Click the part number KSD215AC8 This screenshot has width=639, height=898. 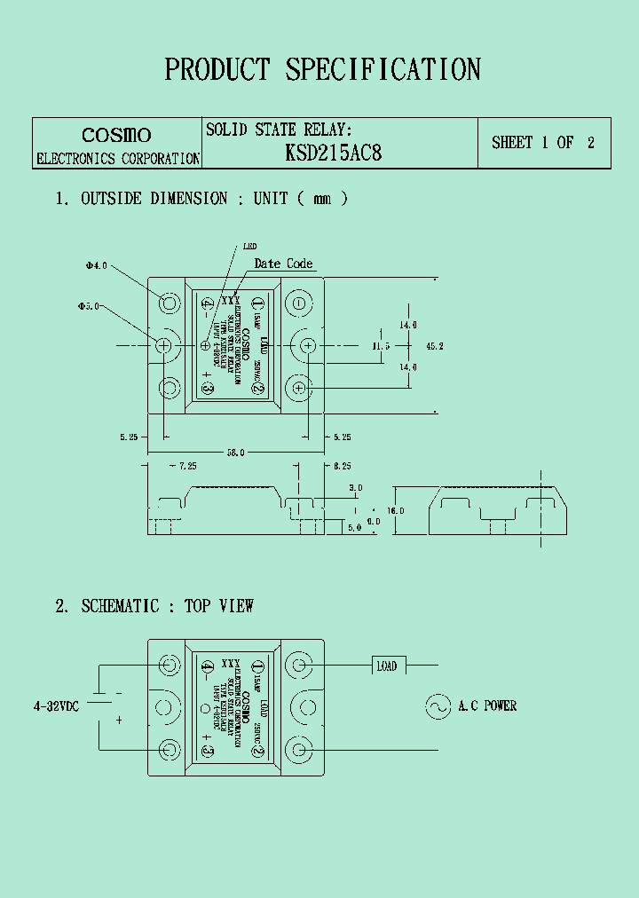click(333, 153)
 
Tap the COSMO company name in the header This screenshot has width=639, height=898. click(116, 135)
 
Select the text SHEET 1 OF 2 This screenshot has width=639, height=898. click(543, 143)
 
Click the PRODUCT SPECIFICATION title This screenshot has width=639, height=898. click(322, 69)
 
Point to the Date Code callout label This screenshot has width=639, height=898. click(283, 264)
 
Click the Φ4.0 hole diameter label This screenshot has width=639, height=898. click(96, 265)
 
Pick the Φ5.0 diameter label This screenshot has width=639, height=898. click(89, 306)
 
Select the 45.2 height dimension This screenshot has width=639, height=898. click(435, 345)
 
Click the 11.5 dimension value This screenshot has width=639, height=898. click(381, 345)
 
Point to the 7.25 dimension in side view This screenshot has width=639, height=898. click(185, 465)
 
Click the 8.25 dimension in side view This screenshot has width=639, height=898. click(343, 465)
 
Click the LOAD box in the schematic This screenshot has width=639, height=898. click(386, 666)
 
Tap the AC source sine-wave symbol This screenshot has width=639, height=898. click(438, 706)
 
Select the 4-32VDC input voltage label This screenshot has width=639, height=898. click(56, 706)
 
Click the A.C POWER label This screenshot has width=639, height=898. click(487, 706)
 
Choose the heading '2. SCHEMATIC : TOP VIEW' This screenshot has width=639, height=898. click(154, 606)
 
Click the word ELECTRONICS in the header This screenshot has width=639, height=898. click(76, 159)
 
